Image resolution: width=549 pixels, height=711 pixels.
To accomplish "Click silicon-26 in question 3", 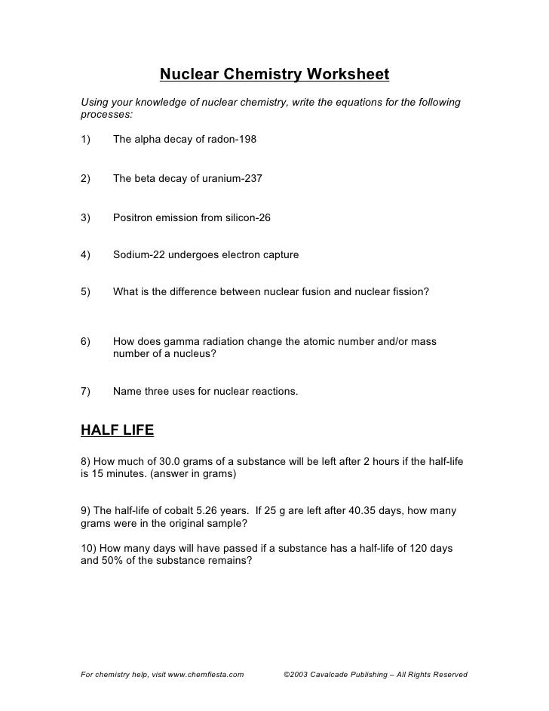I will (x=245, y=218).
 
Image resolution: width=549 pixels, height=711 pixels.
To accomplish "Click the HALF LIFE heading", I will (x=117, y=430).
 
